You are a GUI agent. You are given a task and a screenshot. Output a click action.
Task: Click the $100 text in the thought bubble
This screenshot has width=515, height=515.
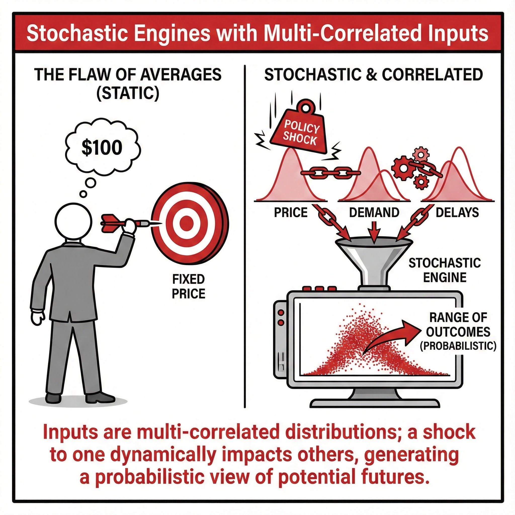point(102,148)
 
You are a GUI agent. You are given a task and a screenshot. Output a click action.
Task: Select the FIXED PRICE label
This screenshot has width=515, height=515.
point(188,287)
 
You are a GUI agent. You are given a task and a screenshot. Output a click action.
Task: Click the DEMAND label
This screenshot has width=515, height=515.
point(374,212)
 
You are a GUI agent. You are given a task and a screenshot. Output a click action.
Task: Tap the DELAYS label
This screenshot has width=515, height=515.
point(457,212)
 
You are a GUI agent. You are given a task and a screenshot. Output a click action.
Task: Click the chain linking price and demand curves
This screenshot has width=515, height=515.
point(330,173)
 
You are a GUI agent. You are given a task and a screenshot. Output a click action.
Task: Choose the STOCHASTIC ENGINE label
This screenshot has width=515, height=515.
point(445,270)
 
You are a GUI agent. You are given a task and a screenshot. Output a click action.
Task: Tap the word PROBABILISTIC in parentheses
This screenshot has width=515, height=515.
point(458,346)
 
